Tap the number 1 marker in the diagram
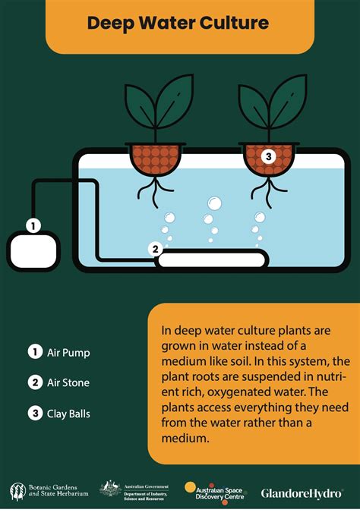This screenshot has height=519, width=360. click(x=33, y=225)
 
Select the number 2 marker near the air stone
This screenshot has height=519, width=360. click(x=155, y=248)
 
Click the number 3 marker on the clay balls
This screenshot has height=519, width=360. click(x=267, y=157)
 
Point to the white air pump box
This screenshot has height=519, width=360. click(x=33, y=250)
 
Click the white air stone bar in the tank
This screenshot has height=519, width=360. click(x=210, y=259)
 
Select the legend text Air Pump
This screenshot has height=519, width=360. click(x=68, y=352)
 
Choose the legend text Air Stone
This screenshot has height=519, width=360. click(x=68, y=382)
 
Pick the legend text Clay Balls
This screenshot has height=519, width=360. click(x=69, y=414)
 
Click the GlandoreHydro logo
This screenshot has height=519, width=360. click(x=302, y=493)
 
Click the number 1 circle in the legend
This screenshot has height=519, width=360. click(x=34, y=352)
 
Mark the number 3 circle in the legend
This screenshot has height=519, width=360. click(x=34, y=414)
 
